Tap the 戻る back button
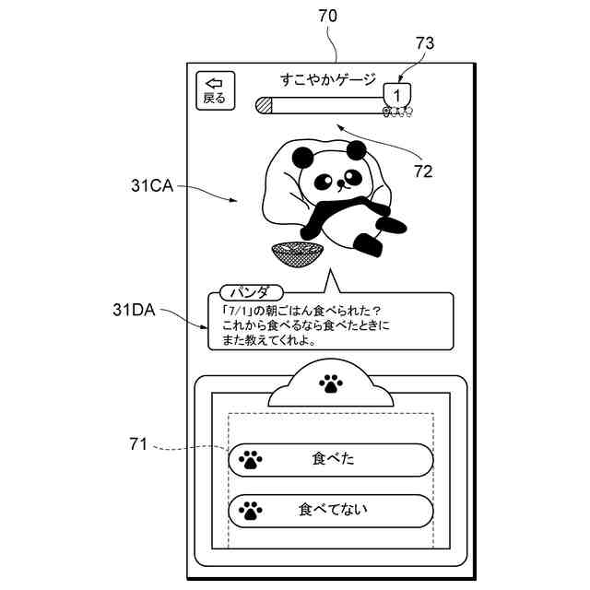[x=215, y=90]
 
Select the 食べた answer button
[x=331, y=458]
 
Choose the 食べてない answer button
[x=331, y=509]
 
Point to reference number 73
[x=425, y=42]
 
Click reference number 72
[x=423, y=170]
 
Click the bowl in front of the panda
[x=297, y=254]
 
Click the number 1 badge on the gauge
[x=397, y=95]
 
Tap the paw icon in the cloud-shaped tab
[x=330, y=383]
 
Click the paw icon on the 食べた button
[x=250, y=458]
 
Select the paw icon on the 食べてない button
[x=250, y=509]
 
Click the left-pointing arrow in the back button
[x=215, y=82]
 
